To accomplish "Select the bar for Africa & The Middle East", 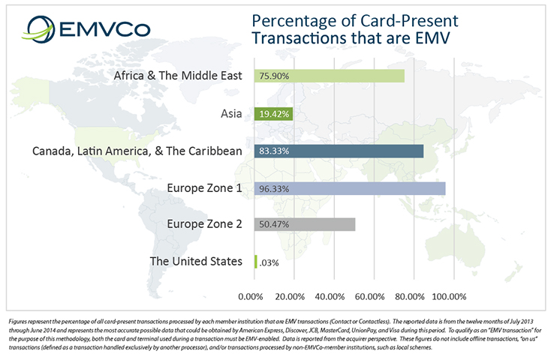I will (330, 76).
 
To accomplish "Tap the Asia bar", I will (274, 113).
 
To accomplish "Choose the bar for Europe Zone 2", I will (305, 224).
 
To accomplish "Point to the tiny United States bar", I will (256, 262).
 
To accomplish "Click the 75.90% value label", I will (275, 76).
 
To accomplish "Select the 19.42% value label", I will (275, 113).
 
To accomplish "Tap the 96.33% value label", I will (275, 188).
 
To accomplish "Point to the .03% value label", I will (269, 262).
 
